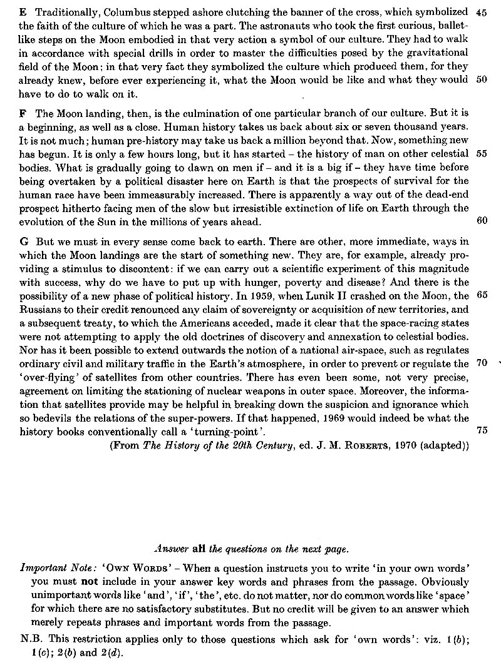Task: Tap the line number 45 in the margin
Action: tap(482, 13)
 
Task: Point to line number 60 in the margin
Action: tap(482, 220)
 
